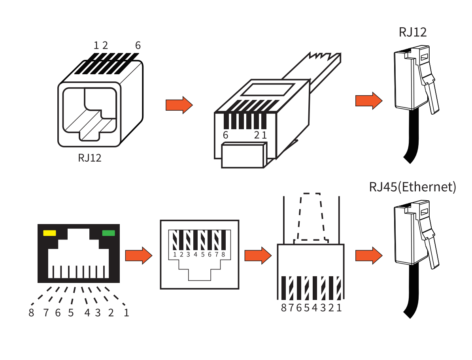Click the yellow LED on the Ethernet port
(x=49, y=233)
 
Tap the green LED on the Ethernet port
(x=108, y=233)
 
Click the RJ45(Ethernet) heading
(x=412, y=187)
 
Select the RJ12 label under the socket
(x=90, y=158)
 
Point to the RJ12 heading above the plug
(x=413, y=32)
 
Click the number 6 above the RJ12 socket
(x=138, y=45)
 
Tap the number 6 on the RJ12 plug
(x=225, y=135)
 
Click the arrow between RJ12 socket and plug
(x=179, y=105)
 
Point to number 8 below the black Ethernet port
(x=32, y=313)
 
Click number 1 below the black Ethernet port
(x=126, y=313)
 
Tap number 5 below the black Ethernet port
(x=71, y=313)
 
